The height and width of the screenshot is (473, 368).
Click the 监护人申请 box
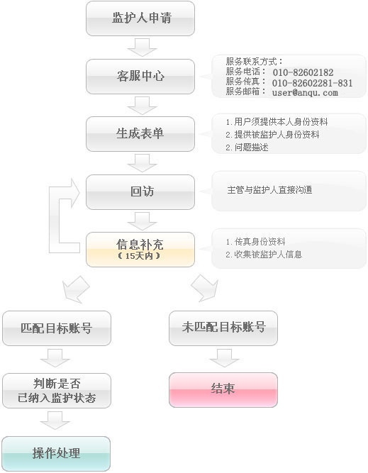pyautogui.click(x=140, y=18)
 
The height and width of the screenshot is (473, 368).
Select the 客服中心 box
pyautogui.click(x=140, y=77)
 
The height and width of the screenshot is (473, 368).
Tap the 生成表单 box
pyautogui.click(x=140, y=134)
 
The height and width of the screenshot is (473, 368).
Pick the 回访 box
pyautogui.click(x=140, y=192)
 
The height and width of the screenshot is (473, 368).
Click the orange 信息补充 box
pyautogui.click(x=140, y=250)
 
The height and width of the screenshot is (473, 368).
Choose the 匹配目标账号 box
pyautogui.click(x=57, y=328)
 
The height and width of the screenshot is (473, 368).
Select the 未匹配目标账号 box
pyautogui.click(x=223, y=328)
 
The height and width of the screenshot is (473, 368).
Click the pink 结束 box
pyautogui.click(x=223, y=390)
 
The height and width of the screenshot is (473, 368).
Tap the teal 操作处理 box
pyautogui.click(x=56, y=453)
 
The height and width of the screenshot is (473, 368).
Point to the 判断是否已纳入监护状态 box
pyautogui.click(x=57, y=391)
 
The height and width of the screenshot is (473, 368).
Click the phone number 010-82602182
pyautogui.click(x=303, y=72)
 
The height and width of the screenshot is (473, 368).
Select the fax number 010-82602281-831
pyautogui.click(x=312, y=83)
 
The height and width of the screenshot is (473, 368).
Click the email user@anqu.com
pyautogui.click(x=305, y=93)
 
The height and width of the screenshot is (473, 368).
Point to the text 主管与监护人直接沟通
pyautogui.click(x=269, y=190)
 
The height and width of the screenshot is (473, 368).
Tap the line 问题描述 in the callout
pyautogui.click(x=247, y=148)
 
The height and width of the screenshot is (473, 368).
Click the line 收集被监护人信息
pyautogui.click(x=264, y=255)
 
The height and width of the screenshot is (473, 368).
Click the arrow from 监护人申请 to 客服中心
pyautogui.click(x=142, y=47)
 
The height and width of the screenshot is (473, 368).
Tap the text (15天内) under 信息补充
pyautogui.click(x=139, y=256)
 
